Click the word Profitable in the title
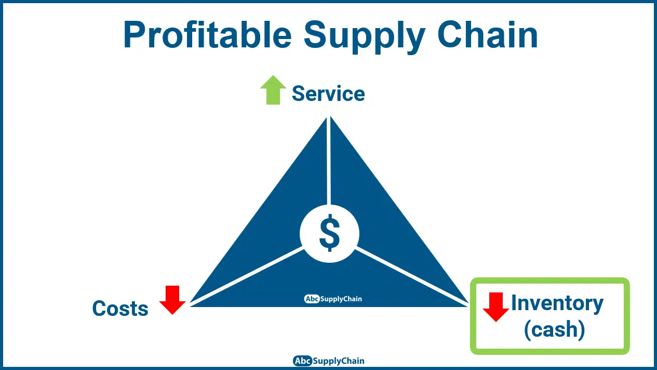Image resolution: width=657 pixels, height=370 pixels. point(207,34)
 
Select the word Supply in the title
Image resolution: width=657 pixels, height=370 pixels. point(365,37)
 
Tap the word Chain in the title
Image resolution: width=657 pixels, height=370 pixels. point(488,34)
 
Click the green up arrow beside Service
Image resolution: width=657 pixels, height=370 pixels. point(273,90)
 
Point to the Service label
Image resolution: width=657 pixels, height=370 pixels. point(328,94)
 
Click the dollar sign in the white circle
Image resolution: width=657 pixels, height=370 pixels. point(330,233)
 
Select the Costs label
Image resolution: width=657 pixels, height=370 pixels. point(120,308)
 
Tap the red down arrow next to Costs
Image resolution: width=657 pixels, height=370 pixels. point(172,300)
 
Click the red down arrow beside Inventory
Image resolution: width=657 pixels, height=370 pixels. point(496,307)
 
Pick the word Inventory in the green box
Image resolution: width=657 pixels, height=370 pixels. point(557,304)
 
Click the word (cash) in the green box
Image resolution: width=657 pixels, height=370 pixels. point(554,330)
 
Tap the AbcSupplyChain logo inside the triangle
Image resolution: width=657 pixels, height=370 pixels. point(333,299)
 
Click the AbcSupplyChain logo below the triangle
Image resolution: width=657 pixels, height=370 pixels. point(328,361)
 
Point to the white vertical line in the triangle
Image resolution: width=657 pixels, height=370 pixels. point(328,161)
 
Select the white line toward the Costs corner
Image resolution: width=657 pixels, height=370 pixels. point(247,276)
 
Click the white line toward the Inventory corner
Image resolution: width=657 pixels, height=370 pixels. point(411,276)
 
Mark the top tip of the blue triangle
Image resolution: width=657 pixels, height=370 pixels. point(328,117)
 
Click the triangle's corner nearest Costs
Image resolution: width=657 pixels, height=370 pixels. point(190,306)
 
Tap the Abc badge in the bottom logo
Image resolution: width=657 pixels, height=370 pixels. point(303,361)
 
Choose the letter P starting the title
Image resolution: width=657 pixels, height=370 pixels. point(133,35)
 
